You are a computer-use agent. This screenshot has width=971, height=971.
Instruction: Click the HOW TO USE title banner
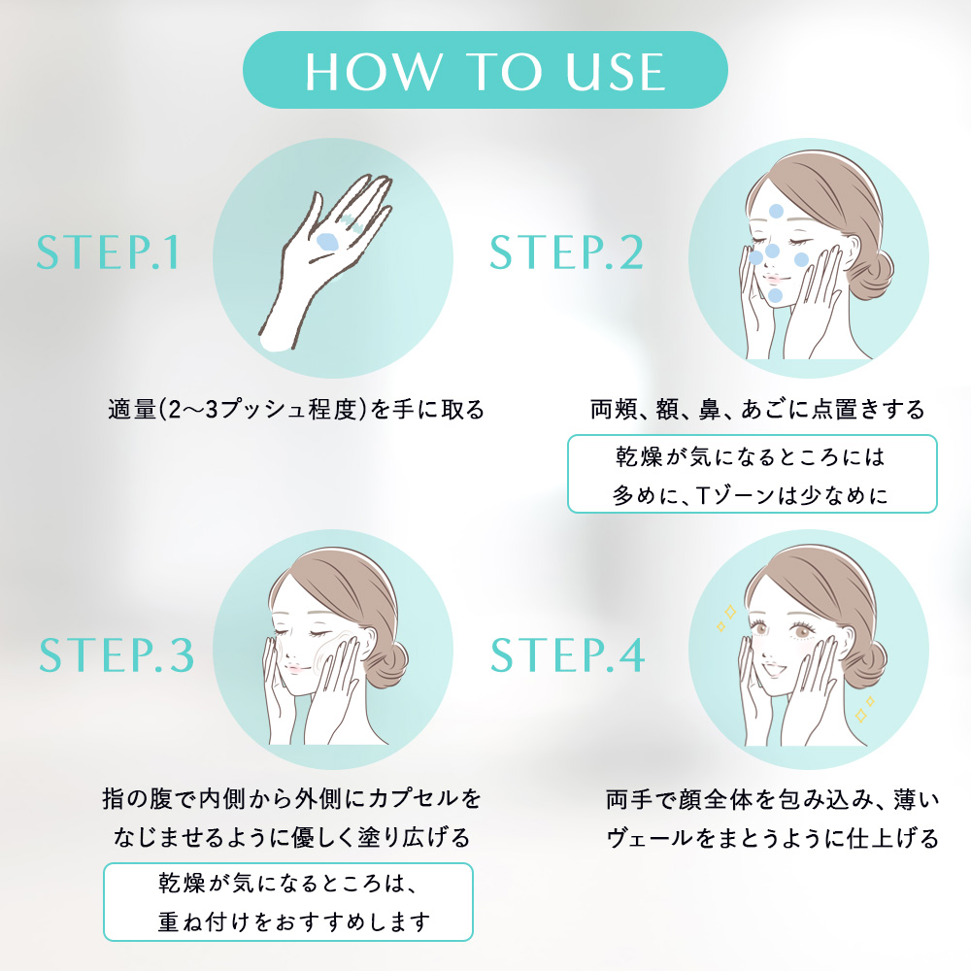coord(485,70)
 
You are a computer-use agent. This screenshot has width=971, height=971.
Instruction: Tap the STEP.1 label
coord(109,252)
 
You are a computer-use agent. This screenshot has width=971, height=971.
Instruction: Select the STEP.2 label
coord(567,252)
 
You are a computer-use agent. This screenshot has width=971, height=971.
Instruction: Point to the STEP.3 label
coord(117,655)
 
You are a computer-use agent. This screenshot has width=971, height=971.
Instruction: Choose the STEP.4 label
coord(567,655)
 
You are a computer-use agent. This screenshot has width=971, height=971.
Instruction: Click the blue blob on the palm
coord(327,242)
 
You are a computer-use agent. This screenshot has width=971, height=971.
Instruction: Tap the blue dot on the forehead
coord(776,211)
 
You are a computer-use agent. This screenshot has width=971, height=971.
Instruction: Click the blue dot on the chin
coord(775,295)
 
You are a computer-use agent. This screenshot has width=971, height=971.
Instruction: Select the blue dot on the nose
coord(772,251)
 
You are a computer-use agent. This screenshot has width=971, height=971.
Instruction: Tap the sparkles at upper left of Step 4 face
coord(726,618)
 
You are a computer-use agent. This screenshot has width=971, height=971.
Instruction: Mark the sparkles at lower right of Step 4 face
coord(864,710)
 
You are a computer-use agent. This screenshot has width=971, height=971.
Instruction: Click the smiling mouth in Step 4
coord(773,670)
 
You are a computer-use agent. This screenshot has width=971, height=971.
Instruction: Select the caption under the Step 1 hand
coord(296,410)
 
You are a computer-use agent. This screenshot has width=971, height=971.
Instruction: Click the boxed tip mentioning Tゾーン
coord(753,474)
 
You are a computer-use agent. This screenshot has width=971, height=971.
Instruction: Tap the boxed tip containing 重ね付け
coord(288,902)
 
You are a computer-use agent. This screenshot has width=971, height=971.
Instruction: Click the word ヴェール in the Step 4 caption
coord(651,839)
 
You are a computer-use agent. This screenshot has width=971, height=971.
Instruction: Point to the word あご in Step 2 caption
coord(764,410)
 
